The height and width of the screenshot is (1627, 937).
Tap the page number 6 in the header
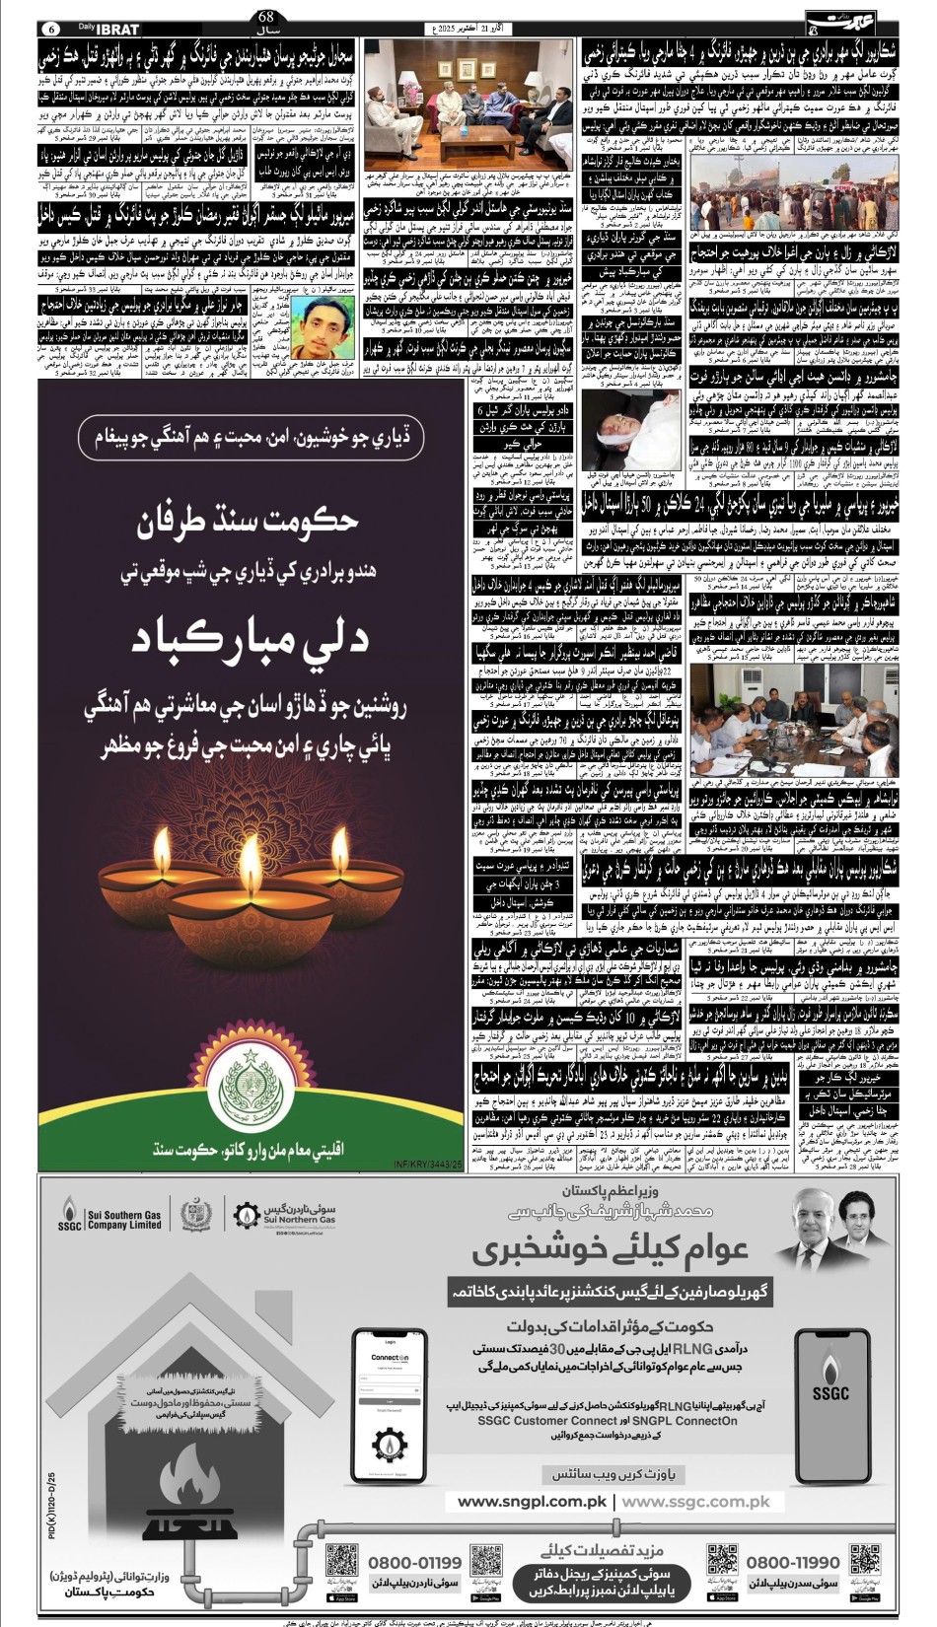[x=52, y=30]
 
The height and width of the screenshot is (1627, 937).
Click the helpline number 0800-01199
[x=415, y=1562]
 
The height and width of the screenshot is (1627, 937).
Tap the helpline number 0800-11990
[x=793, y=1562]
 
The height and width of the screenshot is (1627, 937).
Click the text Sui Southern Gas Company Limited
[x=123, y=1219]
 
